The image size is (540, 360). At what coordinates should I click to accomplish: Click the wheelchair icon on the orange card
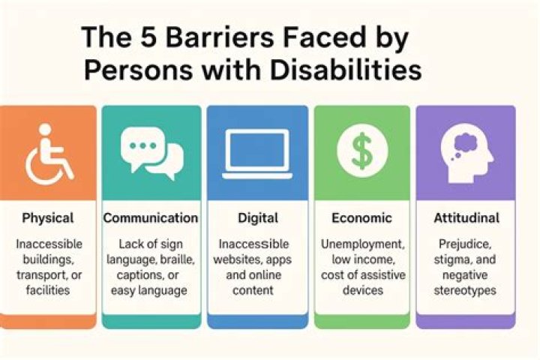[49, 154]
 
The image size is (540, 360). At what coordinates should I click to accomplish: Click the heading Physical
[48, 219]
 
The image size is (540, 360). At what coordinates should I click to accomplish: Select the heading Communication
[151, 219]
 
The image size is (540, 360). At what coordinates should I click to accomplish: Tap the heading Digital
[258, 219]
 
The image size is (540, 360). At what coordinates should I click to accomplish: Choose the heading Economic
[361, 219]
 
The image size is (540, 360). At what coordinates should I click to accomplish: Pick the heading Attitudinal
[466, 219]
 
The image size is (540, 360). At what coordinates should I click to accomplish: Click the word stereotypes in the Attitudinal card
[466, 289]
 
